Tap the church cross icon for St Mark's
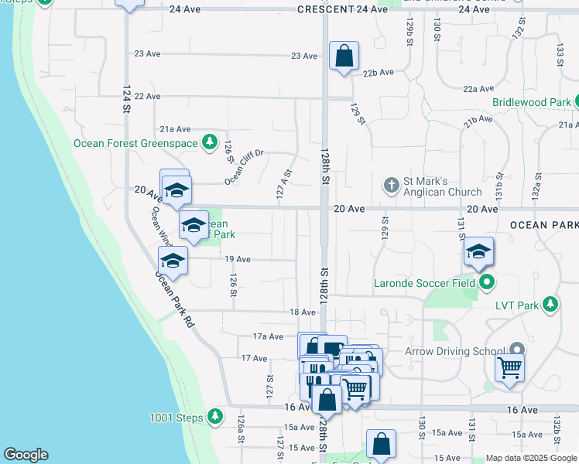tap(392, 186)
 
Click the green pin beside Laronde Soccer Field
tap(486, 282)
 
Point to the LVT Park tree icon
tap(550, 304)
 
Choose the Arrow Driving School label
tap(455, 352)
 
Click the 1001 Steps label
tap(176, 418)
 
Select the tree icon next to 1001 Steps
tap(214, 418)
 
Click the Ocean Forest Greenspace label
tap(136, 142)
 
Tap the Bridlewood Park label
tap(530, 102)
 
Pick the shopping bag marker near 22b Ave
tap(344, 56)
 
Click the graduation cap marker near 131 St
tap(479, 252)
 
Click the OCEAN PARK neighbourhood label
tap(543, 224)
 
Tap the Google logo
tap(26, 455)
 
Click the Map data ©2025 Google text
tap(531, 458)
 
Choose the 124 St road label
tap(126, 100)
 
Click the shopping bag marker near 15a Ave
tap(381, 445)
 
